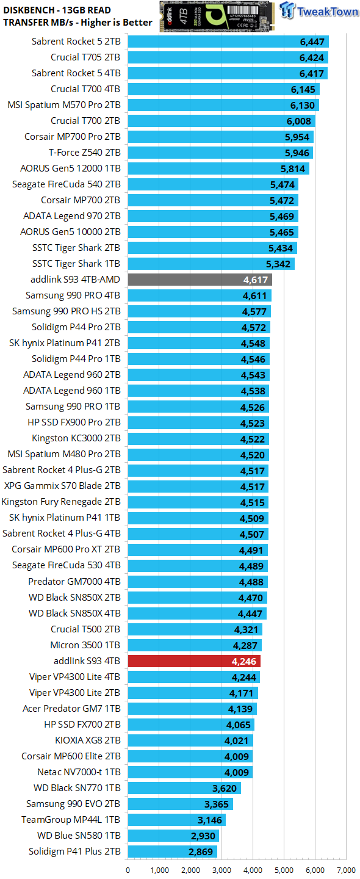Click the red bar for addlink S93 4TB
pos(194,661)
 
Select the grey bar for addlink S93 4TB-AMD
pos(200,280)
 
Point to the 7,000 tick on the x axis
pos(345,870)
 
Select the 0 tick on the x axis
pos(128,870)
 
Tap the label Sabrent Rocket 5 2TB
pos(76,42)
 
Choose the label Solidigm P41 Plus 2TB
pos(74,852)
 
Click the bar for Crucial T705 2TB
pos(228,58)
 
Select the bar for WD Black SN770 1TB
pos(184,788)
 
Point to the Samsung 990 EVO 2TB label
pos(73,804)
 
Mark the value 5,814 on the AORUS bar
pos(293,169)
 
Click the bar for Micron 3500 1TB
pos(195,645)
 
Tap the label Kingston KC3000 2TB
pos(76,439)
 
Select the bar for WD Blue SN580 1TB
pos(173,836)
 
